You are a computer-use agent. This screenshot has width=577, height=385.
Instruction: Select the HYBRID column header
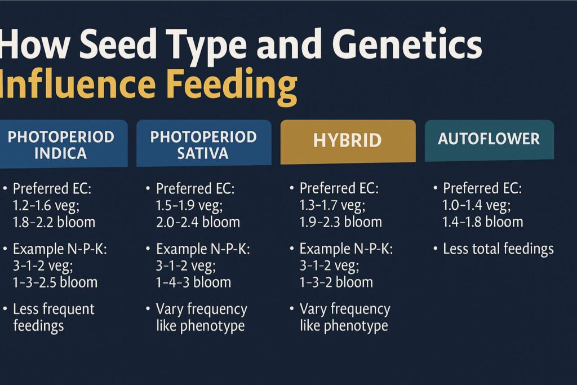click(x=348, y=141)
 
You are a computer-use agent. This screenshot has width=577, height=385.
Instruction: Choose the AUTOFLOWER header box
click(x=489, y=140)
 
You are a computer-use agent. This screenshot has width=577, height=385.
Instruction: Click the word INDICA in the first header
click(x=60, y=153)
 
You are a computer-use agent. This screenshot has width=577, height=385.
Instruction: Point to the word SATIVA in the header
click(x=203, y=153)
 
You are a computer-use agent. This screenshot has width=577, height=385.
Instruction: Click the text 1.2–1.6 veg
click(x=46, y=205)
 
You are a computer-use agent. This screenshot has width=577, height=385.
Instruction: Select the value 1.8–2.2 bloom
click(x=54, y=222)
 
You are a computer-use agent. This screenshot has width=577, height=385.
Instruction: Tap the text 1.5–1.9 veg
click(x=189, y=205)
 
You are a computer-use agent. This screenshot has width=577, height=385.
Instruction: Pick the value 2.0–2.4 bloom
click(x=198, y=222)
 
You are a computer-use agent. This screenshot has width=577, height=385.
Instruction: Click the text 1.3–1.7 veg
click(x=332, y=205)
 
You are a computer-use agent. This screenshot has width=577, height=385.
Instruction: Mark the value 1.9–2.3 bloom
click(x=340, y=222)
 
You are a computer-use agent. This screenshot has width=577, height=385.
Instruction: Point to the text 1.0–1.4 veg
click(x=477, y=205)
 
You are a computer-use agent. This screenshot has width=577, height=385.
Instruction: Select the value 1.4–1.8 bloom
click(x=482, y=222)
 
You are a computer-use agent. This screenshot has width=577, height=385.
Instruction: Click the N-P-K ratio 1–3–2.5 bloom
click(x=55, y=282)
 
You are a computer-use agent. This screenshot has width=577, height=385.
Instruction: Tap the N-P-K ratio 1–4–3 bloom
click(x=194, y=282)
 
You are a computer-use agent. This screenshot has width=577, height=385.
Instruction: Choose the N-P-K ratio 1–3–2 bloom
click(x=336, y=282)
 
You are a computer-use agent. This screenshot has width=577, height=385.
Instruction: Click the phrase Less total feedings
click(x=498, y=249)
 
